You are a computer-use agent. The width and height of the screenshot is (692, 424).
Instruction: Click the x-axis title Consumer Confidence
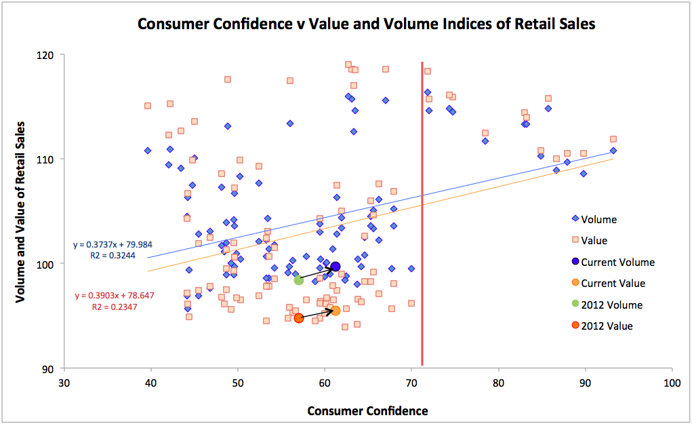367,410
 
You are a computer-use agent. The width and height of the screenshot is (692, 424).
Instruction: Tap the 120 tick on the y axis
52,55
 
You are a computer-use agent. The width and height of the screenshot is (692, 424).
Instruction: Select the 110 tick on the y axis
52,159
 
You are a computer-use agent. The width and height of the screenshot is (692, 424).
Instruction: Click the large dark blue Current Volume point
335,267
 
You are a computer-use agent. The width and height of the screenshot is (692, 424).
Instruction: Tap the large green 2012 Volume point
299,280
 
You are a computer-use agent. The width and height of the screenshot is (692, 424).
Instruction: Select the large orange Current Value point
335,311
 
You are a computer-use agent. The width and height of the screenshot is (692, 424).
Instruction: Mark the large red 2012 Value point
299,318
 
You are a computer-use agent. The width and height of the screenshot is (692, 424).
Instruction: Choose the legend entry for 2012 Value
607,326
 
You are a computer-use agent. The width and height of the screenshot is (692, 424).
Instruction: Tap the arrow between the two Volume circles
317,273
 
